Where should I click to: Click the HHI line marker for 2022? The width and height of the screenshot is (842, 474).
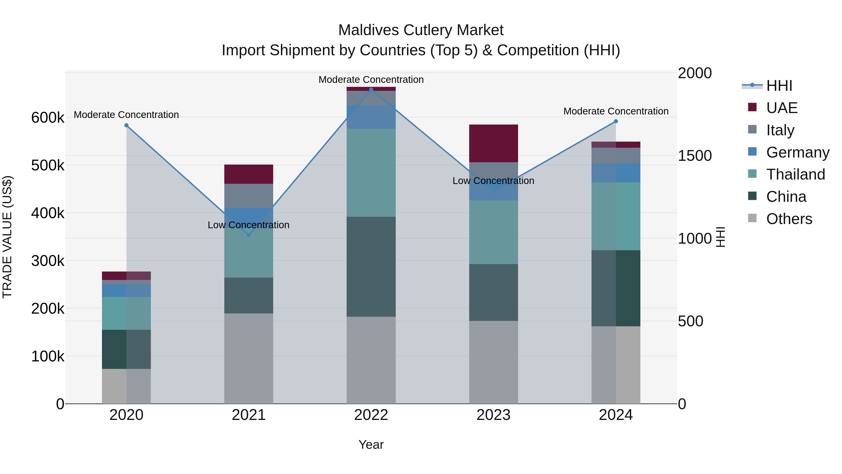click(x=371, y=90)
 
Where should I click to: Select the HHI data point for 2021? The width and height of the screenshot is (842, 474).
click(x=249, y=235)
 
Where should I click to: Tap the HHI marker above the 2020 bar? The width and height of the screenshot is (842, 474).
click(x=127, y=125)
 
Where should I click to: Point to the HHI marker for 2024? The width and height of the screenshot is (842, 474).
click(x=616, y=121)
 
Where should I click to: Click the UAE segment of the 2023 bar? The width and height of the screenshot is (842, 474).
click(x=494, y=143)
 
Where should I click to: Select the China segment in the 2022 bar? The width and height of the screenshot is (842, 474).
click(x=371, y=266)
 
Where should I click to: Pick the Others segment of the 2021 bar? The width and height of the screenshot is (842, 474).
click(x=249, y=358)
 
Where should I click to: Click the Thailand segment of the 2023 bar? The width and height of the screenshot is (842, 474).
click(x=494, y=232)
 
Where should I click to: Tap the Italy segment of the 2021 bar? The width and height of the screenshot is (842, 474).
click(x=249, y=196)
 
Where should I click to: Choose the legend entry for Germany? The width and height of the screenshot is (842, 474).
click(x=798, y=152)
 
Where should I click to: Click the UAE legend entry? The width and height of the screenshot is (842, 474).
click(x=782, y=108)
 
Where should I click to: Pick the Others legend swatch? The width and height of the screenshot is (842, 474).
click(x=752, y=218)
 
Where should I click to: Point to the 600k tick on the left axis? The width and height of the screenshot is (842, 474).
click(x=48, y=118)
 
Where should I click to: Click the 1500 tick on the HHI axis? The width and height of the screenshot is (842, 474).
click(x=695, y=156)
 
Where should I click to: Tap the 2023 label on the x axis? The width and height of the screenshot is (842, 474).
click(x=494, y=415)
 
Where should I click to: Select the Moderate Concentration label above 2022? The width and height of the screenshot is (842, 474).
click(x=371, y=80)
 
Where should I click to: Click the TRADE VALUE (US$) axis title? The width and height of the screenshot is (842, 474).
click(x=7, y=237)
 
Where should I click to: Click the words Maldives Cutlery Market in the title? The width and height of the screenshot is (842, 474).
click(x=421, y=30)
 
